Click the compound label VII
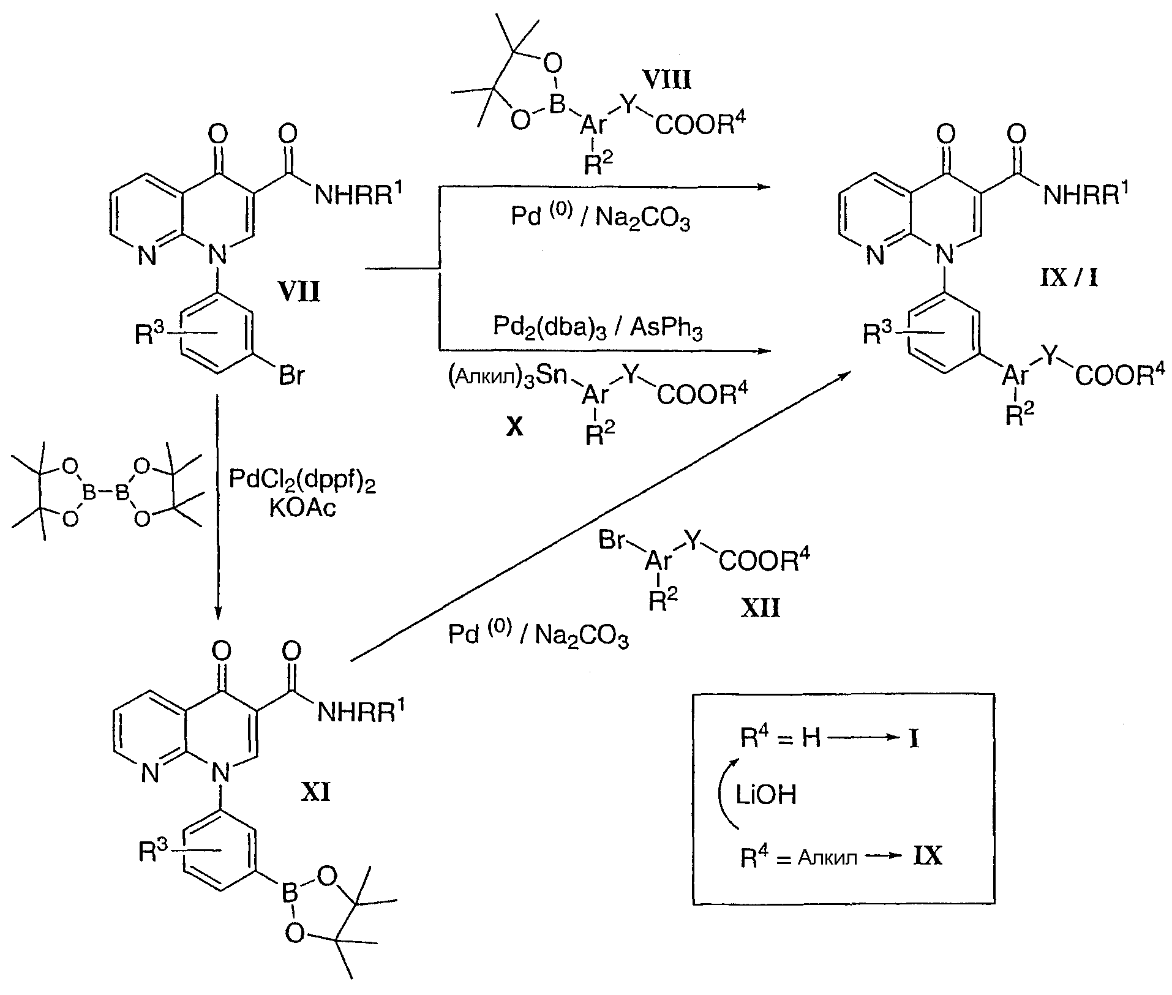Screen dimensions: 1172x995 (x=300, y=292)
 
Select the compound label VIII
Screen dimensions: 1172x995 (x=667, y=80)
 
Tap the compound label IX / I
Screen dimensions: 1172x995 (x=1068, y=279)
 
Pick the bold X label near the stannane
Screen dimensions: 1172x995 (x=514, y=427)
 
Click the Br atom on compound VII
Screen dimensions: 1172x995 (x=291, y=375)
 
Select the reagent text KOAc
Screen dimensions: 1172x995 (x=302, y=508)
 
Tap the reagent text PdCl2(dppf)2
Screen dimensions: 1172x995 (x=302, y=480)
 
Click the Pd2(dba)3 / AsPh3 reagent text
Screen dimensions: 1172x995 (x=598, y=328)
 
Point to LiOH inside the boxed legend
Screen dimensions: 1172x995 (x=766, y=795)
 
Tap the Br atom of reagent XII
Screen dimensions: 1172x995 (x=612, y=541)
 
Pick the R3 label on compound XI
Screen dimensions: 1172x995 (x=152, y=851)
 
